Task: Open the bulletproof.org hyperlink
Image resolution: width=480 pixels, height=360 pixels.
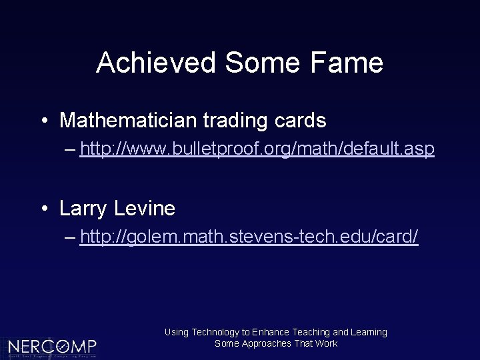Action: point(257,150)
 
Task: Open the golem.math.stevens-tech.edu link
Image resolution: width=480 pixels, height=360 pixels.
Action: point(249,237)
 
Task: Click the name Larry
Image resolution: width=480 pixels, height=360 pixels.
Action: point(83,209)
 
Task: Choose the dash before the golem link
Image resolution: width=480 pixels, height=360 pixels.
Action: point(71,237)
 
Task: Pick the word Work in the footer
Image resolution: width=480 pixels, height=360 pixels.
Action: point(327,343)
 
